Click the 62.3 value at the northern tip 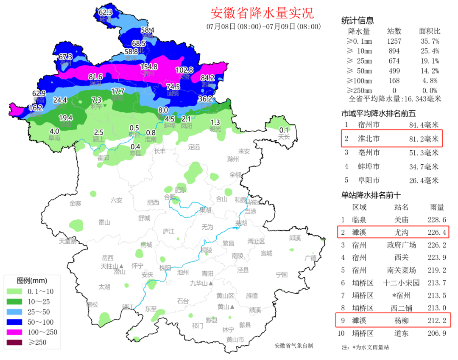tap(105, 12)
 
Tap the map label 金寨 tap(75, 203)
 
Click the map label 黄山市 tap(235, 340)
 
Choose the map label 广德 tap(310, 258)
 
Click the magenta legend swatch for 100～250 tap(15, 332)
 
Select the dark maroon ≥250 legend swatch tap(15, 342)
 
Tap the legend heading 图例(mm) tap(32, 281)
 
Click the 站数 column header tap(394, 31)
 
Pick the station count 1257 tap(394, 41)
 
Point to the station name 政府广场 tap(401, 245)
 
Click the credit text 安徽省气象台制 tap(293, 346)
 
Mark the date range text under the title tap(263, 26)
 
